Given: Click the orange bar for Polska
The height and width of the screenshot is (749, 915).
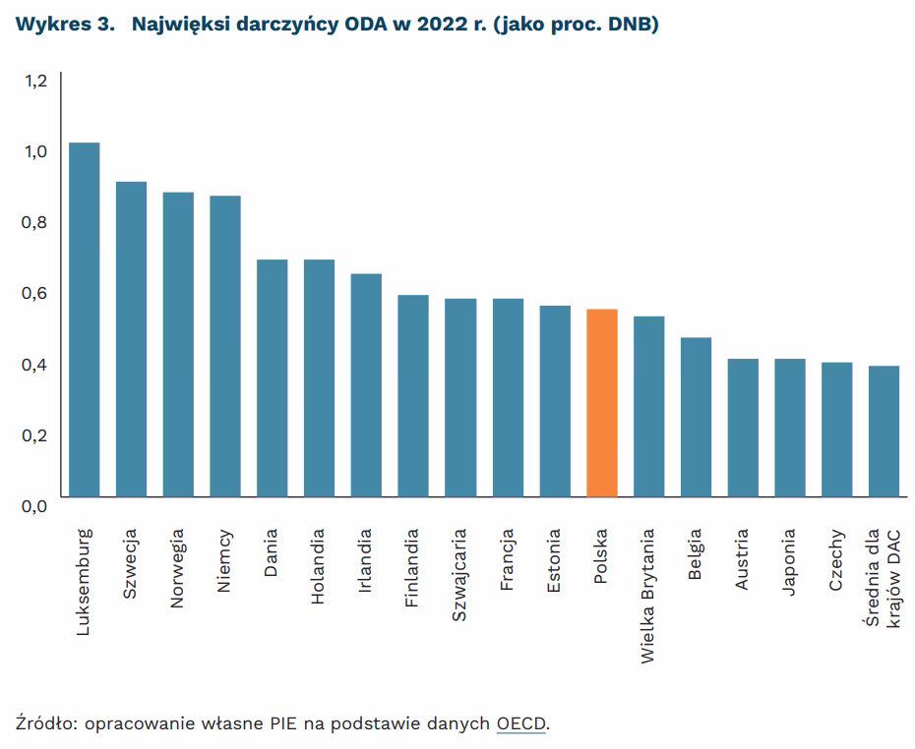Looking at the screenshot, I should pos(601,403).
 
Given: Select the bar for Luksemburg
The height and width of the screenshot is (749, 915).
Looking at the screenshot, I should pos(84,319).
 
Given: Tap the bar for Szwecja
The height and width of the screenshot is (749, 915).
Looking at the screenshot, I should pos(131,339).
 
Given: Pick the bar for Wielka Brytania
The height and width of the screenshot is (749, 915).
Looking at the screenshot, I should pos(648,407).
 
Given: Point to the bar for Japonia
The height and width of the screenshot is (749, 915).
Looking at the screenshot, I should pos(790,428).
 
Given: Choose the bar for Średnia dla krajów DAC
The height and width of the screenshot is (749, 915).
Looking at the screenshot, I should pos(884,432).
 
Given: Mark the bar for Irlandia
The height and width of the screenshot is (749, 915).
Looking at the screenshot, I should pos(366,385).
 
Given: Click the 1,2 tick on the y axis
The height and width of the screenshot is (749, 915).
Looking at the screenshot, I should pos(35,81).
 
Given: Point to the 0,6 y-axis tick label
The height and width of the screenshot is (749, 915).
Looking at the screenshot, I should pos(35,293).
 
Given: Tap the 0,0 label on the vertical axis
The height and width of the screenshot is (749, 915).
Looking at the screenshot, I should pos(35,506).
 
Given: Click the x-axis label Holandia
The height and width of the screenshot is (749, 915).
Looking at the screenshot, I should pos(319,568).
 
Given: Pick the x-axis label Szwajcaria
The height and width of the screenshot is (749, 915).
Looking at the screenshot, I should pos(460,575).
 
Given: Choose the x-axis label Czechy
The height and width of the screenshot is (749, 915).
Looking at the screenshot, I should pos(837,561).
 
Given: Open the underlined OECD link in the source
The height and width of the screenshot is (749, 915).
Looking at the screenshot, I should pos(521,724).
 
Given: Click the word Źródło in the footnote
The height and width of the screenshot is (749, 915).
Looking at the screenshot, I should pos(46,724).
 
